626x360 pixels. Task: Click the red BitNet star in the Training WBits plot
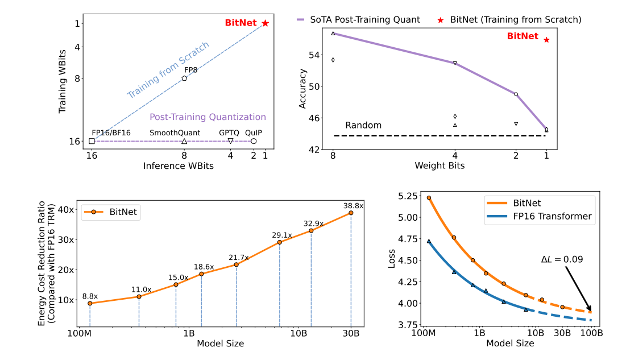click(265, 23)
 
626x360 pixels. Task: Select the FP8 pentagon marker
click(184, 78)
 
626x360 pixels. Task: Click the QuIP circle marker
click(254, 141)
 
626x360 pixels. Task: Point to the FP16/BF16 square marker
click(92, 141)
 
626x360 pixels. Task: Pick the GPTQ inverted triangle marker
click(230, 141)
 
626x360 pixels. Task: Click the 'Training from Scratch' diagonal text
click(168, 70)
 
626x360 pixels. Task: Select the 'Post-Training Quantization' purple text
click(208, 117)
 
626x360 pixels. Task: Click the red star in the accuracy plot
click(546, 40)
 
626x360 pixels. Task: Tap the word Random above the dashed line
click(363, 125)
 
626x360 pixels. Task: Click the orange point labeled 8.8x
click(90, 303)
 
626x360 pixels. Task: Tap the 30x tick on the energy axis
click(67, 239)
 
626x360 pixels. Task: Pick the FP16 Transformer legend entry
click(538, 216)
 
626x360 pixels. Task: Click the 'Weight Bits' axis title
click(440, 165)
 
